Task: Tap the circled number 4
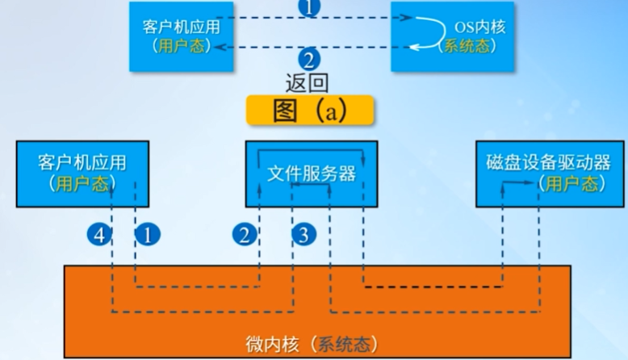pos(98,235)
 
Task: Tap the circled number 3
pos(302,235)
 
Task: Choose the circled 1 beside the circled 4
pos(146,235)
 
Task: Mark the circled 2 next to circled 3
pos(244,235)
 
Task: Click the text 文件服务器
pos(311,174)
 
